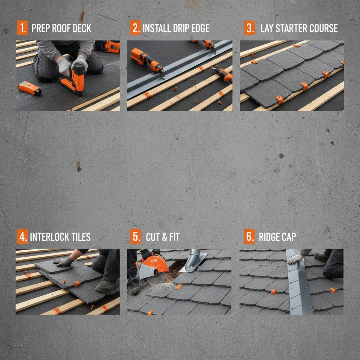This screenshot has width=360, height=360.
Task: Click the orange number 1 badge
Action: click(22, 28)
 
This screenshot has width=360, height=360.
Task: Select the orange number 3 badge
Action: click(249, 28)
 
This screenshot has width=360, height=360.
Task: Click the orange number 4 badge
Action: click(22, 237)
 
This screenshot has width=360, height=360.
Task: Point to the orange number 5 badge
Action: click(135, 237)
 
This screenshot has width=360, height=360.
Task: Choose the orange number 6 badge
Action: click(249, 237)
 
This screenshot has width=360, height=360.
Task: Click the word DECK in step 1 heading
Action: click(81, 28)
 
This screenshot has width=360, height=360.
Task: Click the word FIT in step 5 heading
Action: click(174, 237)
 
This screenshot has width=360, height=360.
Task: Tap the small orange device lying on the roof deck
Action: click(30, 88)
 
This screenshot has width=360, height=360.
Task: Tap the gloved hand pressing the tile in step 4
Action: click(64, 261)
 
